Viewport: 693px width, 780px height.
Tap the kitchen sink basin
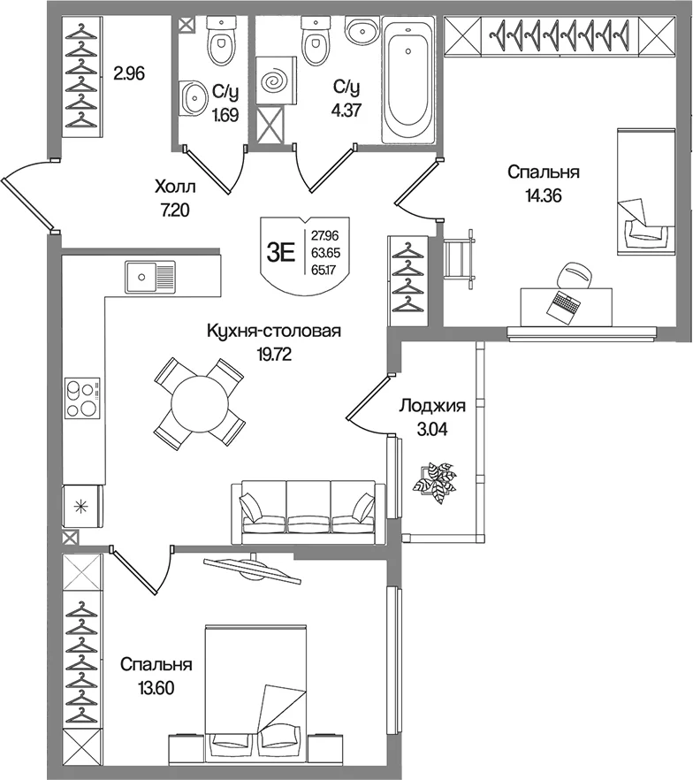tap(141, 277)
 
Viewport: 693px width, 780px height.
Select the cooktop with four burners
tap(82, 397)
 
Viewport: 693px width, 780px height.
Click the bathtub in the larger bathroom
tap(408, 79)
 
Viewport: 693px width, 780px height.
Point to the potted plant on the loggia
tap(438, 481)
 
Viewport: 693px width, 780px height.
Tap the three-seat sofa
tap(308, 511)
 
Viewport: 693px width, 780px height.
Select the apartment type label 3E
tap(281, 252)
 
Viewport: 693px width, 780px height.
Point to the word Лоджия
tap(432, 406)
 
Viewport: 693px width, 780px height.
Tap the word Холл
tap(175, 187)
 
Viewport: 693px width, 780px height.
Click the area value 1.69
tap(225, 115)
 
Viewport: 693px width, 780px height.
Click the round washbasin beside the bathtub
tap(362, 31)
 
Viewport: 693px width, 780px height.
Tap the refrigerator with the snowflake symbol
tap(82, 506)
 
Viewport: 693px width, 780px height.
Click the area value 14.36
tap(544, 195)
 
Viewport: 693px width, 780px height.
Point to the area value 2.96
tap(129, 73)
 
